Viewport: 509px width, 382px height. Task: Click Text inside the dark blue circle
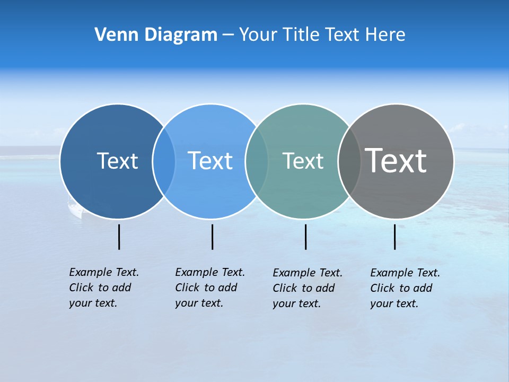pos(117,161)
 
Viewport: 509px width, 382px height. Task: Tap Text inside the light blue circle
pos(210,161)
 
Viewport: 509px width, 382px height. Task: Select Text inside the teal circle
pos(303,161)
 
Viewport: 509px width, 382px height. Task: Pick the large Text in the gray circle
pos(396,160)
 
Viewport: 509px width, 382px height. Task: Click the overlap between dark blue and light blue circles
pos(164,161)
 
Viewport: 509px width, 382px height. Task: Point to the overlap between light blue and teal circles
pos(257,161)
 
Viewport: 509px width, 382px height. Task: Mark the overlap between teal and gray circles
pos(349,161)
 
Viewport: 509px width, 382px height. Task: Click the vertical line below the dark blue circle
pos(119,237)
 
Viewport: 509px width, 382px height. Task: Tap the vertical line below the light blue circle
pos(212,237)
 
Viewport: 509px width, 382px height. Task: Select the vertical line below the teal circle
pos(305,237)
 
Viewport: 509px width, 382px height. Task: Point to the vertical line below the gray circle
pos(395,237)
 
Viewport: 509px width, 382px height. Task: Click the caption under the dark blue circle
pos(103,288)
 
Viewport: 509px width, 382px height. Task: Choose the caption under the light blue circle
pos(209,288)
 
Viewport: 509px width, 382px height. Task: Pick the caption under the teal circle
pos(307,288)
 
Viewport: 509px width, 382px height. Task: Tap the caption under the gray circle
pos(405,288)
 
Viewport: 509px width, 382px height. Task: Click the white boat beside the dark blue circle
pos(75,209)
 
